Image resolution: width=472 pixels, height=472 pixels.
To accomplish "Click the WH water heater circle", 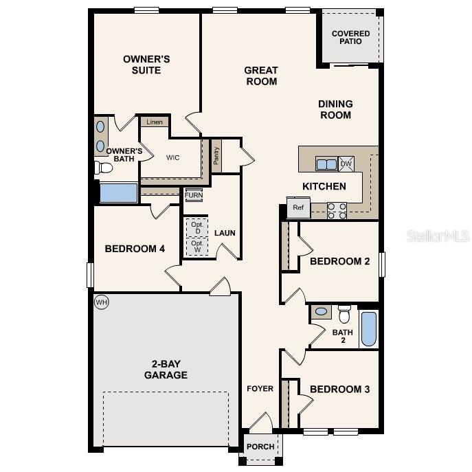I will point(102,302).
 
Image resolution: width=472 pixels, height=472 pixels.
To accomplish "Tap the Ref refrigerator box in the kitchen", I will point(298,207).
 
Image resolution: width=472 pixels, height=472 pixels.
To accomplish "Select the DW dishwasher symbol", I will point(346,164).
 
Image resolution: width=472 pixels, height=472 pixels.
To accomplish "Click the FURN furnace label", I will point(194,195).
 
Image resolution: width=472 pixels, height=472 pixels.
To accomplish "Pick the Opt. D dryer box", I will point(197,227).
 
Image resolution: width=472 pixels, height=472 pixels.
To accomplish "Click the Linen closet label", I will point(155,122).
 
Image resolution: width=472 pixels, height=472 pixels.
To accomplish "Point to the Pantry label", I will point(216,155).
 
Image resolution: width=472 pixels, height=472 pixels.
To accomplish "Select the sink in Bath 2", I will point(321,312).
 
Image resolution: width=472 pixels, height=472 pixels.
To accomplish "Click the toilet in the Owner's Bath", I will point(104,168).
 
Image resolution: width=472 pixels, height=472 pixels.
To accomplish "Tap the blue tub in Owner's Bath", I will point(119,192).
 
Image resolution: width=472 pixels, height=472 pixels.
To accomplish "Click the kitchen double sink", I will point(326,164).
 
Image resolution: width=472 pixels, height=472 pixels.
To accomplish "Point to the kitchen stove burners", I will point(336,210).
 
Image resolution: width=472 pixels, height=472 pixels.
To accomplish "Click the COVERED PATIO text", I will point(350,37).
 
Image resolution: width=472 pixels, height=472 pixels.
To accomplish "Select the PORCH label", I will point(260,447).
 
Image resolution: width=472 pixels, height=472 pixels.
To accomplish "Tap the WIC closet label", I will point(172,157).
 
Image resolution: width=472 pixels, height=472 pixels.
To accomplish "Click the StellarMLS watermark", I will point(438,236).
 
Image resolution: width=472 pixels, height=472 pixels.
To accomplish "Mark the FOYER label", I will point(260,389).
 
